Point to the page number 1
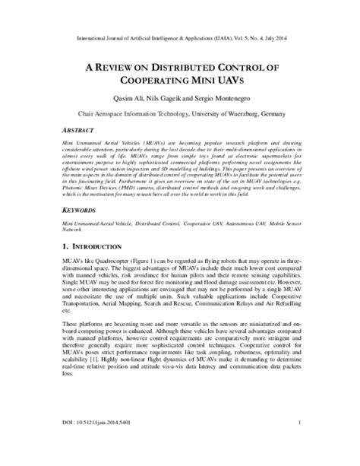(301, 444)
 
